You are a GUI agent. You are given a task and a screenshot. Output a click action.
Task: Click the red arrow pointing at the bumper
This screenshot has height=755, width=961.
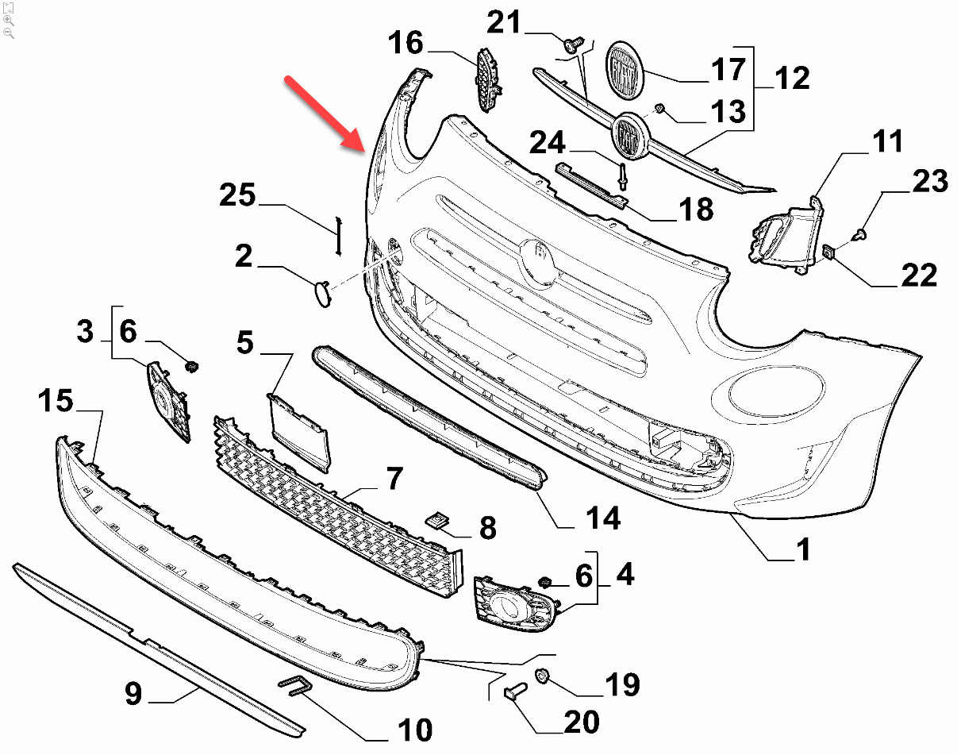pos(326,112)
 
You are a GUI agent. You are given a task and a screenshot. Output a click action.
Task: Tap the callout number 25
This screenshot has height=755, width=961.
pos(239,195)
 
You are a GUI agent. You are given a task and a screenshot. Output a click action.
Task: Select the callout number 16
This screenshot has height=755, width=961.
pos(406,43)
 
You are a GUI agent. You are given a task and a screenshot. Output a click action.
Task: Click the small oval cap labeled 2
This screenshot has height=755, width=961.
pos(322,292)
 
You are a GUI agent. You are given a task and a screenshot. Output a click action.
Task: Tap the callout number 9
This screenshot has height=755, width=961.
pos(133,695)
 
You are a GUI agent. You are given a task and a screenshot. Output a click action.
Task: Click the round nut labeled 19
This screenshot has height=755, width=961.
pos(543,676)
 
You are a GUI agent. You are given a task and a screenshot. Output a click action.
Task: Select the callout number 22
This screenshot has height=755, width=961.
pos(920,274)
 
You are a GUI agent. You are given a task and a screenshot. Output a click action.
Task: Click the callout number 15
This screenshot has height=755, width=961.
pos(56,402)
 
